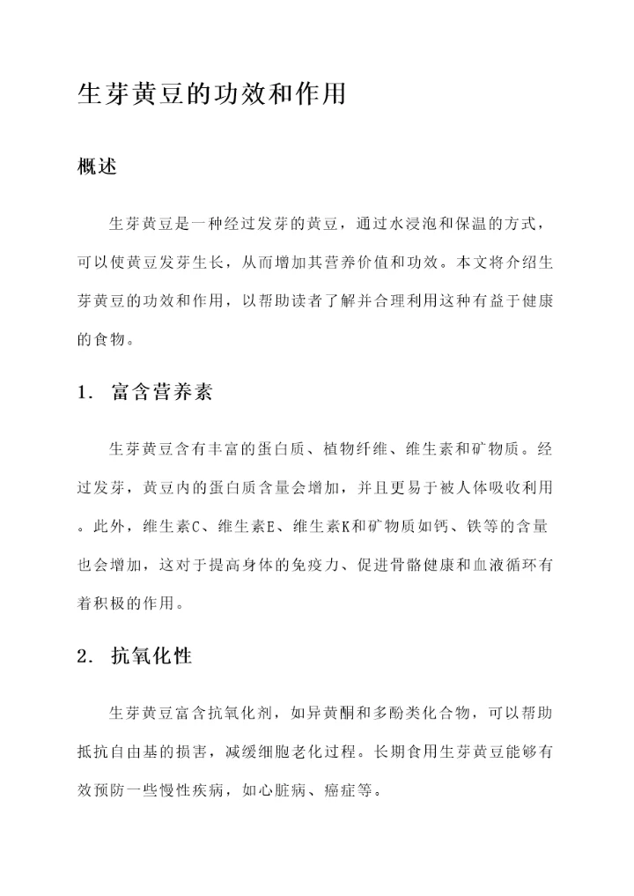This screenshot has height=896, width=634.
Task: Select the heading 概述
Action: tap(98, 167)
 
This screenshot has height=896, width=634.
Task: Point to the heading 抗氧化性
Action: tap(151, 656)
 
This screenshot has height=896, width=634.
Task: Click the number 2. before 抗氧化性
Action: tap(85, 656)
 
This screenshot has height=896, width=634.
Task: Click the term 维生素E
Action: tap(242, 527)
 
